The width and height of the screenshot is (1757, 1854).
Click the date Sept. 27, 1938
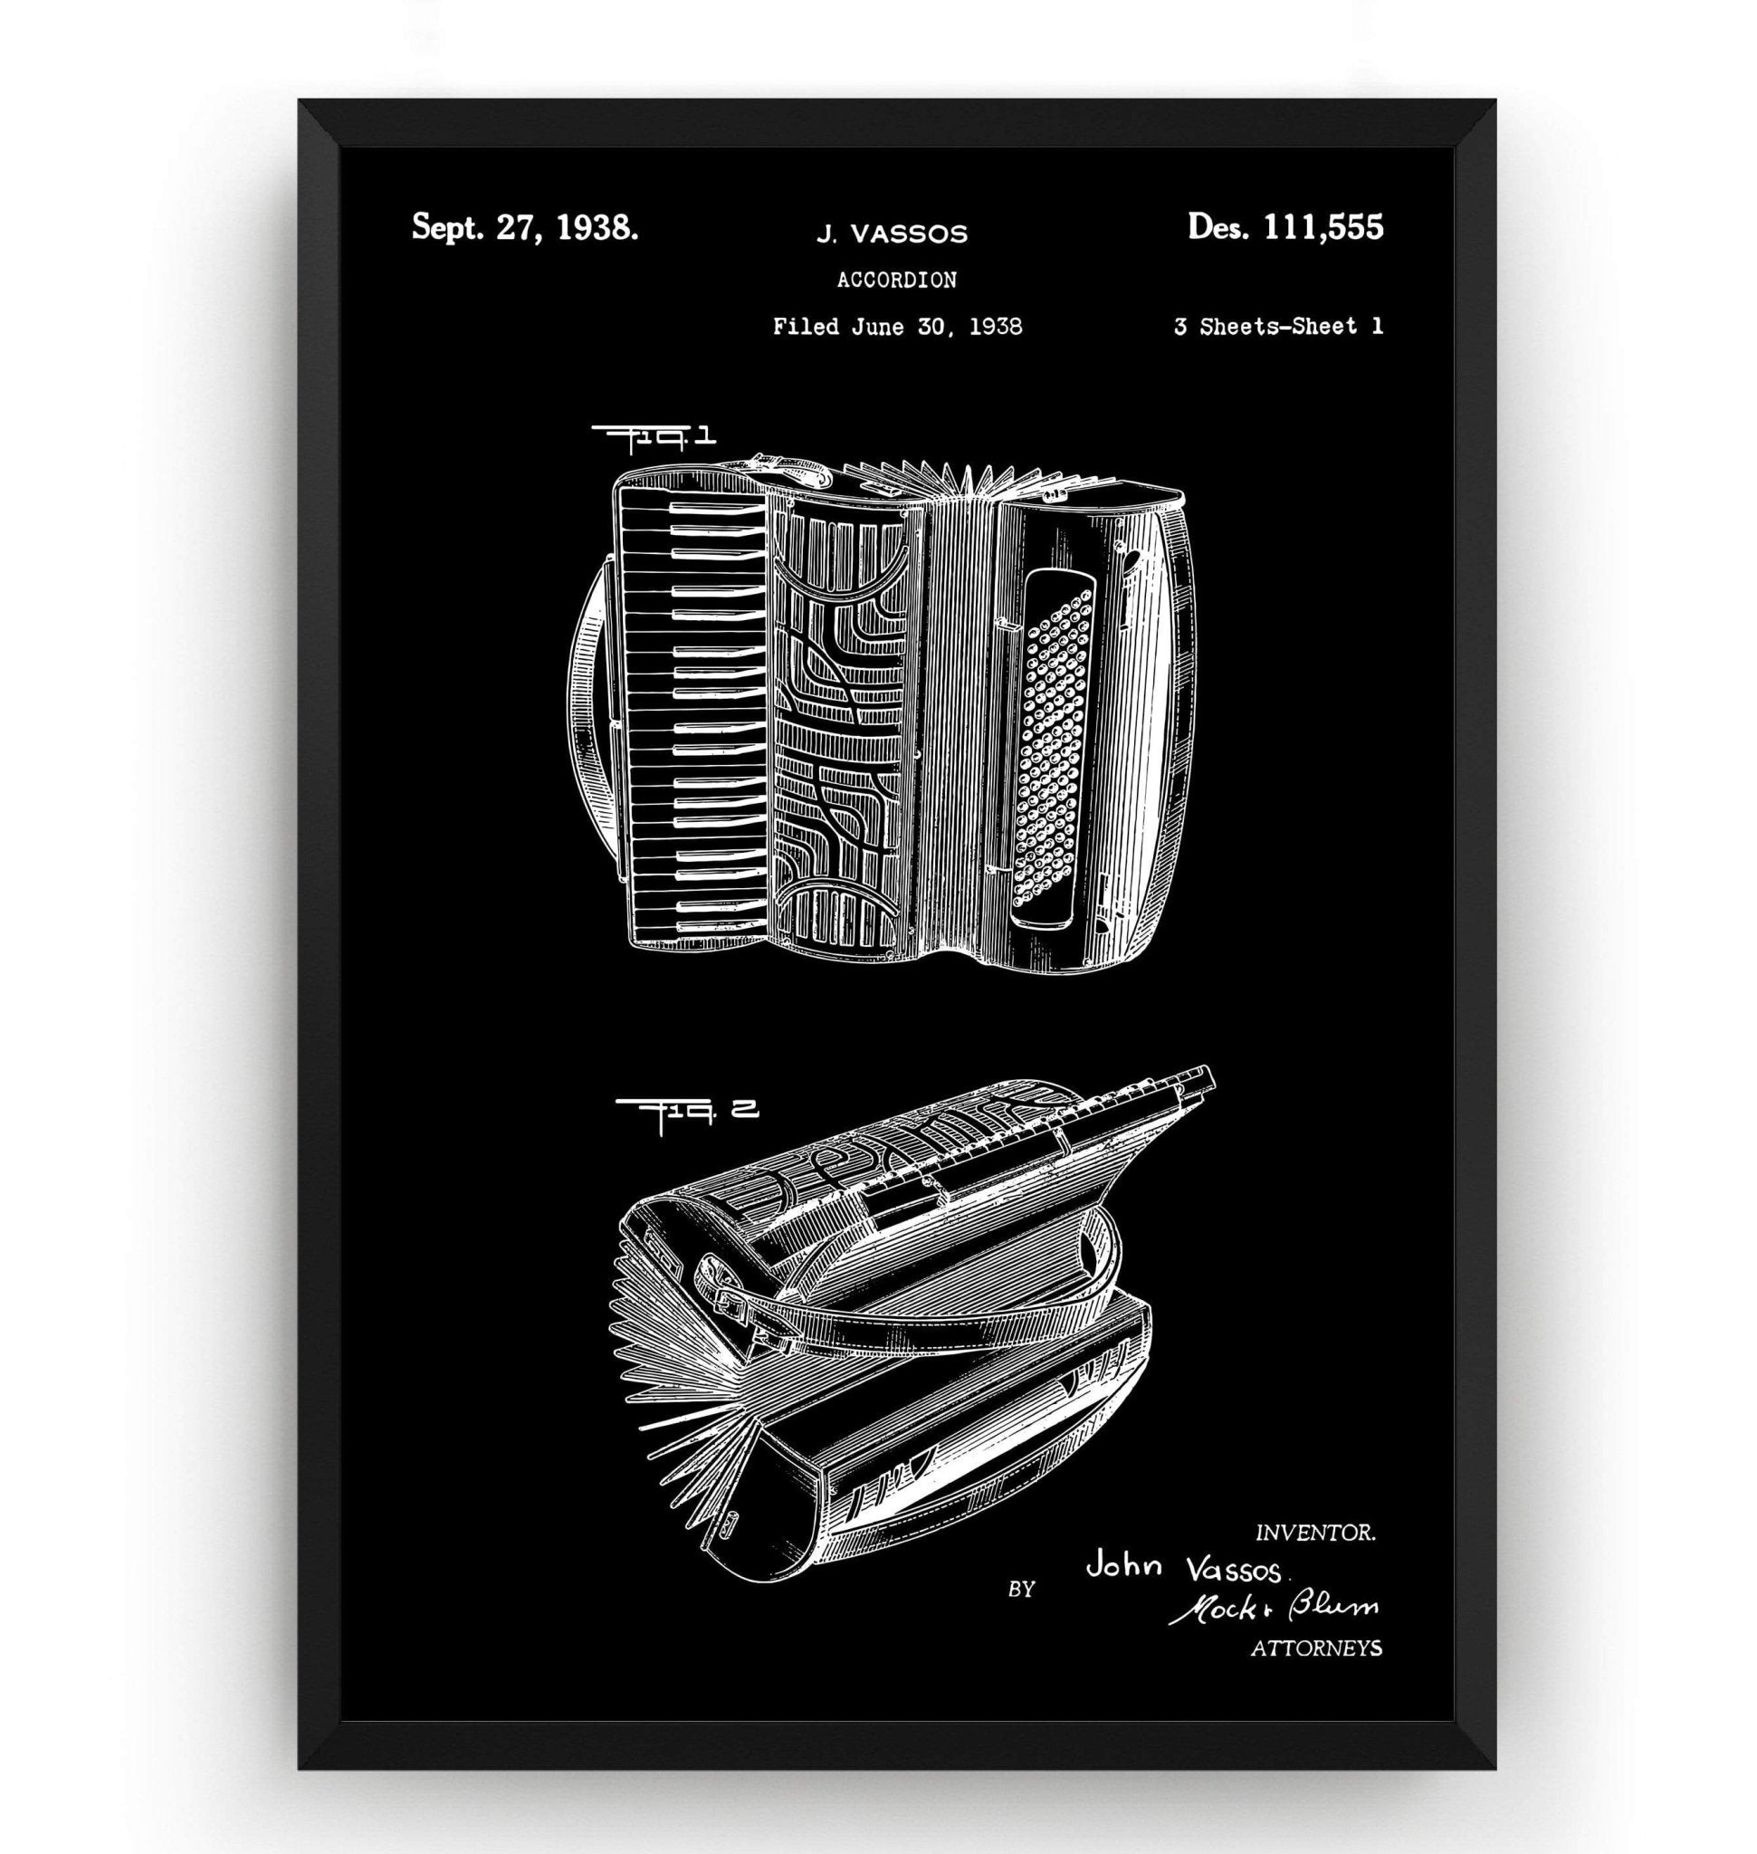tap(525, 227)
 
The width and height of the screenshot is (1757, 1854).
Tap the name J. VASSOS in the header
tap(891, 234)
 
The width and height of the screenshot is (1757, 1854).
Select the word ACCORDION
tap(896, 279)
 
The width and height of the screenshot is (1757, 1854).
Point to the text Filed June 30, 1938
tap(896, 326)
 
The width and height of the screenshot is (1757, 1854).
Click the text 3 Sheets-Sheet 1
tap(1277, 326)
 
